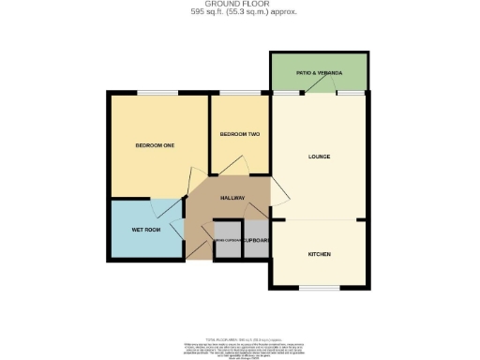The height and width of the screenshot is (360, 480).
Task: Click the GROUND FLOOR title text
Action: (x=240, y=5)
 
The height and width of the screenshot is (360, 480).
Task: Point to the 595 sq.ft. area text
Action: (x=240, y=13)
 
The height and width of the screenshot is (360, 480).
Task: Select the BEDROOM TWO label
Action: (x=239, y=135)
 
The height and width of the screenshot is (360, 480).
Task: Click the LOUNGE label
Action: (x=318, y=156)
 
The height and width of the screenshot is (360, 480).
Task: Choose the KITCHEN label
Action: (x=319, y=254)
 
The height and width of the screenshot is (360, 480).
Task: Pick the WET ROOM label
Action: (x=143, y=229)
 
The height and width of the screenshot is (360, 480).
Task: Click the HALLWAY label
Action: (x=232, y=198)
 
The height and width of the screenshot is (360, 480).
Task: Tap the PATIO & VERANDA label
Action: (x=319, y=72)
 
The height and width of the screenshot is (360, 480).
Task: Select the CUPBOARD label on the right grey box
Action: (x=257, y=241)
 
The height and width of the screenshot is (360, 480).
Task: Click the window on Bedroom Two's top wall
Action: (x=234, y=93)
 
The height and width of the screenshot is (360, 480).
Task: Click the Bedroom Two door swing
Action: (x=242, y=165)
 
